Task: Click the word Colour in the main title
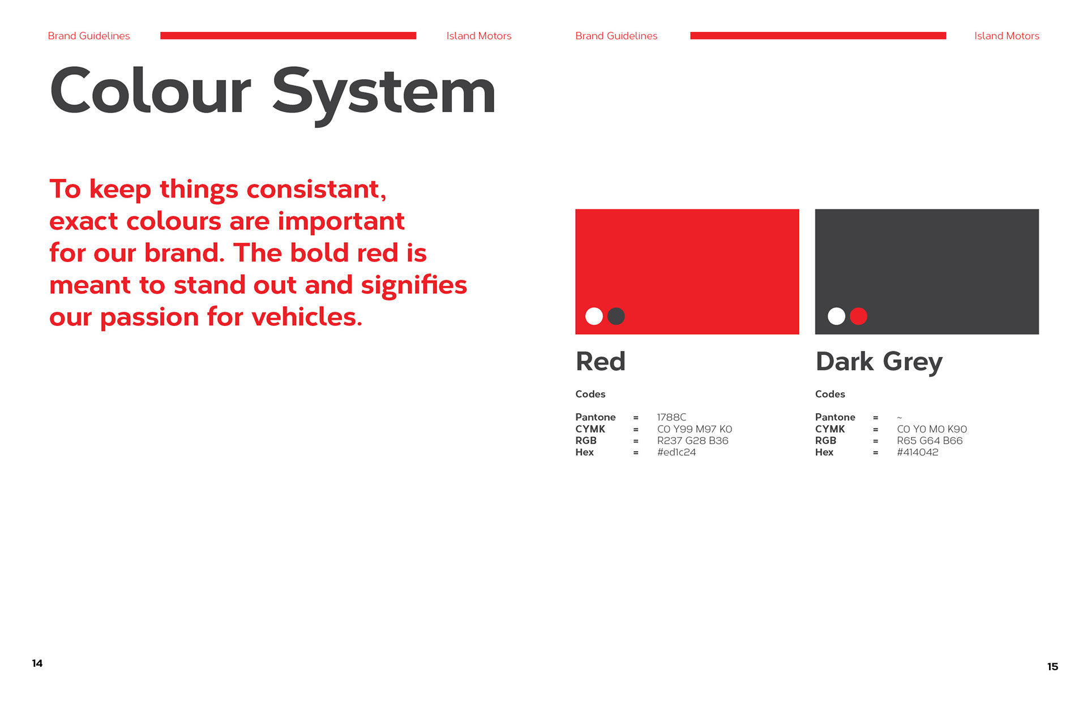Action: [151, 91]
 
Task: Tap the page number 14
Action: [37, 663]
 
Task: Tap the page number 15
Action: [1052, 666]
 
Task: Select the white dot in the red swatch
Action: [594, 316]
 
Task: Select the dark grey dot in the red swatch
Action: [616, 316]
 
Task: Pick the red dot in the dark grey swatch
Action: [858, 316]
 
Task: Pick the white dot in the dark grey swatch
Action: [836, 316]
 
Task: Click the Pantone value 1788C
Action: [671, 417]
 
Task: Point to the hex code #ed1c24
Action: [677, 452]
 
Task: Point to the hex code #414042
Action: [918, 452]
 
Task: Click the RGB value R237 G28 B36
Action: [692, 440]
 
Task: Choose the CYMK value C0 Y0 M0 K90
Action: [932, 429]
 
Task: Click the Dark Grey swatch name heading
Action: [879, 362]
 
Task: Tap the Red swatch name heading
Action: [601, 361]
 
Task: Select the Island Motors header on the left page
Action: [479, 36]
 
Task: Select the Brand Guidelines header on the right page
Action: [617, 36]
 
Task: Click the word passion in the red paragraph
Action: [149, 318]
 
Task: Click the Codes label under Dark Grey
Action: [830, 394]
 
